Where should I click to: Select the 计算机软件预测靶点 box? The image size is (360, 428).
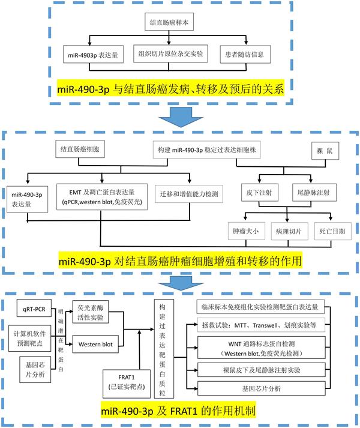click(x=33, y=338)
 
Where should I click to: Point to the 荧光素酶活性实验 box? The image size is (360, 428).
click(x=92, y=310)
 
